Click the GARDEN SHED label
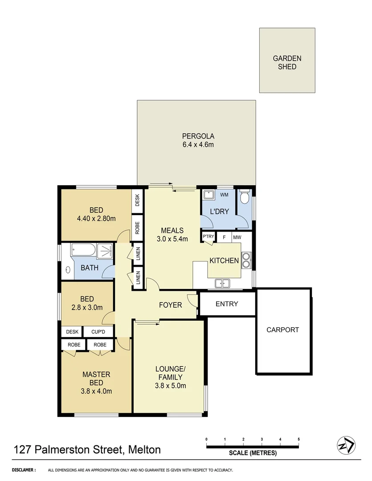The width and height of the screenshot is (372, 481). click(287, 62)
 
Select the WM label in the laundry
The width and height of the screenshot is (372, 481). click(224, 195)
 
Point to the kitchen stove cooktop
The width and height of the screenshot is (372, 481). click(246, 260)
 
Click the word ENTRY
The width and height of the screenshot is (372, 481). click(227, 304)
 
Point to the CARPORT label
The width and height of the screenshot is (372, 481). click(282, 330)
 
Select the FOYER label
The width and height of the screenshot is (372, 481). click(171, 305)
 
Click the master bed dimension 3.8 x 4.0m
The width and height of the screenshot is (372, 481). click(96, 391)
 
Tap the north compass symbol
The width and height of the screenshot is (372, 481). click(346, 445)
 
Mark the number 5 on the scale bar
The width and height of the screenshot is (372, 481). click(298, 439)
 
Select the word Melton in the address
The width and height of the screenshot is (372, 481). click(144, 449)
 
